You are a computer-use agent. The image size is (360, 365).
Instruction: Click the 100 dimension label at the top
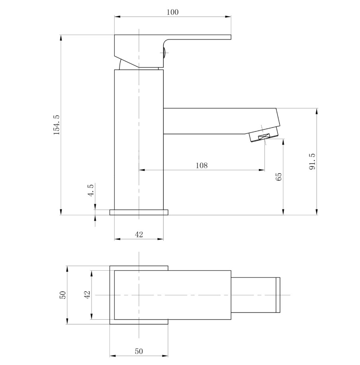tap(172, 12)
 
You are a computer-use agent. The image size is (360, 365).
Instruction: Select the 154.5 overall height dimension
tap(57, 125)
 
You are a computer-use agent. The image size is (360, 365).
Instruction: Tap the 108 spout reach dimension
tap(202, 165)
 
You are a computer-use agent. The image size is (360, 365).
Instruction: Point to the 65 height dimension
tap(279, 177)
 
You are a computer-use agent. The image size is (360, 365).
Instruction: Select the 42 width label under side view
tap(139, 234)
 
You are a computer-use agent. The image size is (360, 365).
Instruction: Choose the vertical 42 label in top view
tap(87, 295)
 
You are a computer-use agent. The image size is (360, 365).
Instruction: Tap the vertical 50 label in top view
tap(63, 295)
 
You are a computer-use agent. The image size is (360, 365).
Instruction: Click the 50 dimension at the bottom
tap(139, 351)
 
